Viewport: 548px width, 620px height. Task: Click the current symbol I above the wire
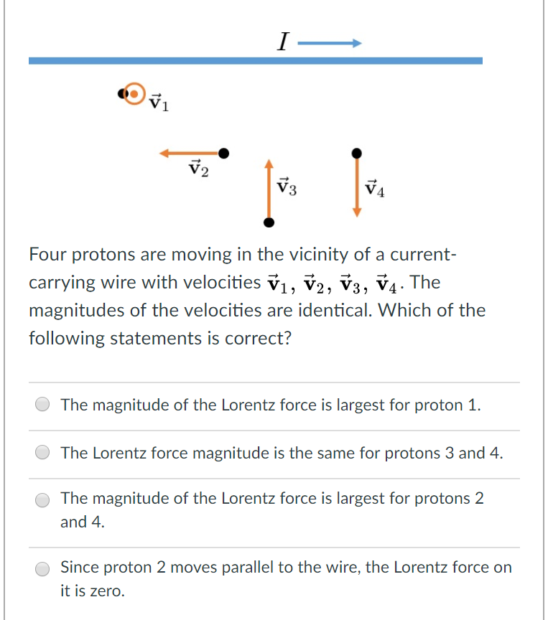[x=282, y=44]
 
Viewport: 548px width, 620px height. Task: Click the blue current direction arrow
[x=328, y=44]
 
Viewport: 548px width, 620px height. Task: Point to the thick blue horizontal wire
[x=255, y=61]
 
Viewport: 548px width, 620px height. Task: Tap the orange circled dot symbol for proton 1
[x=134, y=93]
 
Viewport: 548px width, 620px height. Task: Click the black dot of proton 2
[x=224, y=153]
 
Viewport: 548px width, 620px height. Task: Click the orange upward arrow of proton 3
[x=269, y=187]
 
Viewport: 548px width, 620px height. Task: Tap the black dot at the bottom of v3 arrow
[x=269, y=222]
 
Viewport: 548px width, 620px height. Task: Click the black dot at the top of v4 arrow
[x=356, y=153]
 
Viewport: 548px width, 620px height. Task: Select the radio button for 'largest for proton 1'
[x=44, y=405]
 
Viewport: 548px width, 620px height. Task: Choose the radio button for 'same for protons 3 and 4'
[x=44, y=454]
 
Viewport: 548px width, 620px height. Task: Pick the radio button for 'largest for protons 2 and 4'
[x=44, y=500]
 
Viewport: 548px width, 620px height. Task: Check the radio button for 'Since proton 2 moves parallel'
[x=44, y=568]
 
